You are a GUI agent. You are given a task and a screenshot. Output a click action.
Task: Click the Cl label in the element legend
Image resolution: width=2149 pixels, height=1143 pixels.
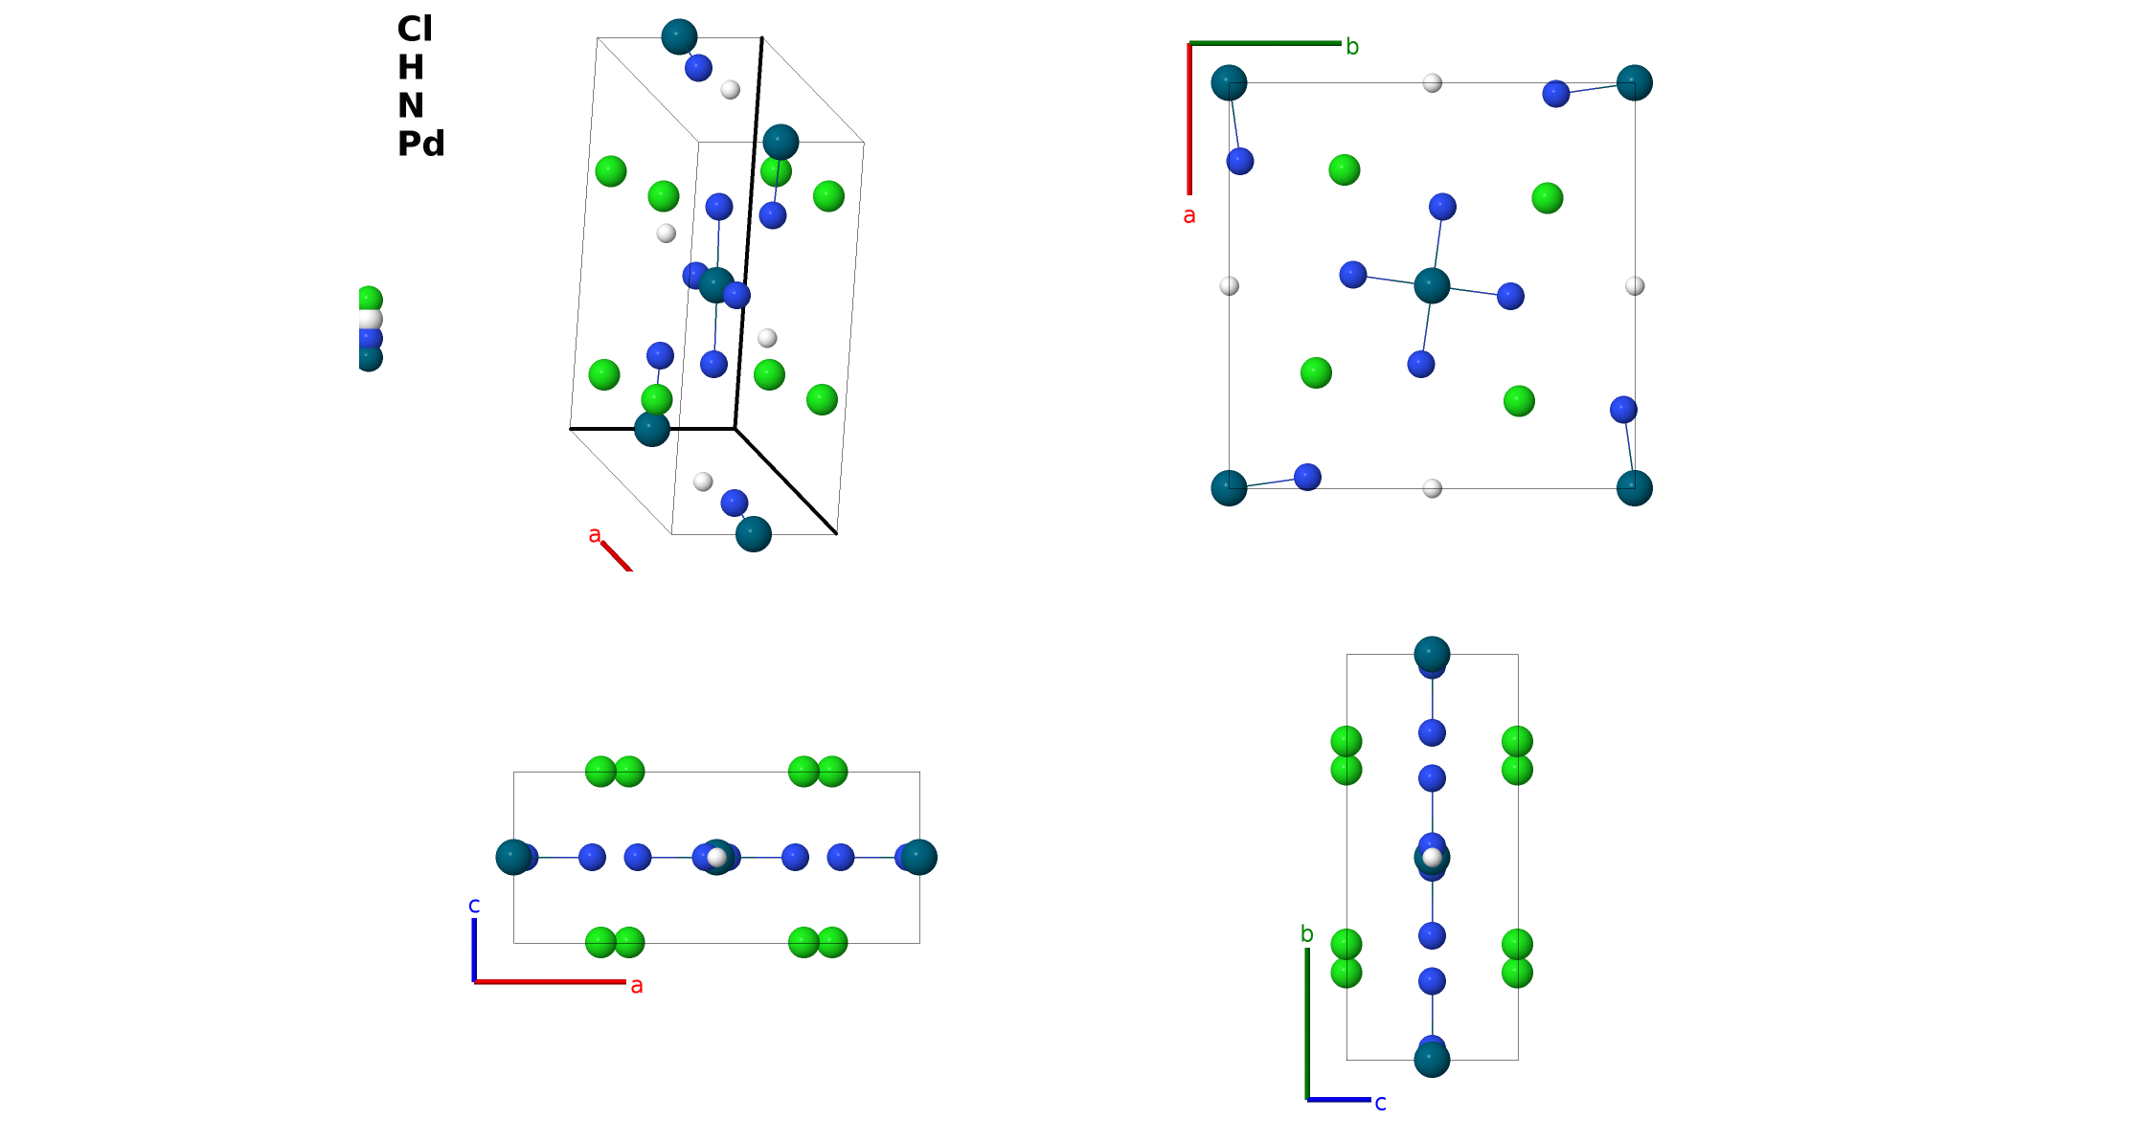(415, 29)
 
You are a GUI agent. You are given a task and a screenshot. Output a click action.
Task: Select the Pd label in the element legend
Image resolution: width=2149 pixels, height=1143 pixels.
(421, 144)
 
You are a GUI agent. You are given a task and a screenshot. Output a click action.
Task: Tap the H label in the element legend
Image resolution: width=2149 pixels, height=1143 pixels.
(411, 67)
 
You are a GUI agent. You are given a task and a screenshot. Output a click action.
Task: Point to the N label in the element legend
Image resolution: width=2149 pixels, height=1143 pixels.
(411, 105)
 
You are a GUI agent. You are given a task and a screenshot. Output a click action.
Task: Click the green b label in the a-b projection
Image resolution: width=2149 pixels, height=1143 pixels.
(1352, 46)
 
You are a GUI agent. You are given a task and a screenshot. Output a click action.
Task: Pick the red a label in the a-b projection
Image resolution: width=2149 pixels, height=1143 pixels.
(1189, 215)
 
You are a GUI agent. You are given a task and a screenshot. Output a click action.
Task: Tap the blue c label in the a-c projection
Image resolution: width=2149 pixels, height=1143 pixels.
(474, 905)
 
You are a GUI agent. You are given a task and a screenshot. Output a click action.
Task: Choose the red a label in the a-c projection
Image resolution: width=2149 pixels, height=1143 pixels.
(637, 985)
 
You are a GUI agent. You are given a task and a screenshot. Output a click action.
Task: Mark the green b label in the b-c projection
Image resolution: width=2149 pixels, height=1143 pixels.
(1307, 933)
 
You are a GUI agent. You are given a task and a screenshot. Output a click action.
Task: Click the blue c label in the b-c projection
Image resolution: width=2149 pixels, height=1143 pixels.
(1381, 1103)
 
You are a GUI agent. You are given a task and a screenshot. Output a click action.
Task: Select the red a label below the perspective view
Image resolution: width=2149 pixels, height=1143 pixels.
(595, 534)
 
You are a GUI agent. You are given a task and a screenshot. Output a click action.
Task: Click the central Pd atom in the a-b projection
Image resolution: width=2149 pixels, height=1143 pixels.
(1432, 285)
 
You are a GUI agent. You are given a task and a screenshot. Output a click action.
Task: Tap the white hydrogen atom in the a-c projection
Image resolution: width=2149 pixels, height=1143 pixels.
(716, 857)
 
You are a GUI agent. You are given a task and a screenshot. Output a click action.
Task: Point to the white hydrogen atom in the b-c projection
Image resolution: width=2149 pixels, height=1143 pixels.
(1432, 857)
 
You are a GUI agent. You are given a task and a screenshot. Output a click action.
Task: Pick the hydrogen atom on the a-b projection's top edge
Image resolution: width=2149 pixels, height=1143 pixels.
(1432, 83)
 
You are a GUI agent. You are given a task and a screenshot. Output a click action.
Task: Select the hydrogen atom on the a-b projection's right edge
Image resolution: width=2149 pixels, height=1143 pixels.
(1635, 285)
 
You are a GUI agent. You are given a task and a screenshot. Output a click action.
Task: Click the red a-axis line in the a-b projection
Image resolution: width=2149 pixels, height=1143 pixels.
(1189, 119)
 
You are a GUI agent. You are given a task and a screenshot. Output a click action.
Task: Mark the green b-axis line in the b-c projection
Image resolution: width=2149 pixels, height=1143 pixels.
(1307, 1024)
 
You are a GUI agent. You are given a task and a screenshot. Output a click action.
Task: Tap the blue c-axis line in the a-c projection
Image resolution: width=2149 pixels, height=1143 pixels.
(474, 950)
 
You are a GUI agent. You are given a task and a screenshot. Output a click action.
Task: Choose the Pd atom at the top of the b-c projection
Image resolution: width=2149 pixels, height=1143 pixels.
(1432, 655)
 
